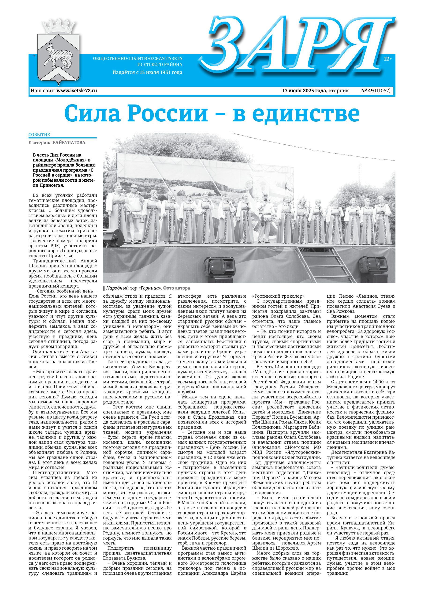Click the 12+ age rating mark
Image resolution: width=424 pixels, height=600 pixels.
[x=388, y=59]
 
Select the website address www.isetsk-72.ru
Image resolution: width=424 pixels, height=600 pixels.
[x=77, y=91]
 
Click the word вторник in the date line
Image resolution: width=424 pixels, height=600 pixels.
[x=338, y=91]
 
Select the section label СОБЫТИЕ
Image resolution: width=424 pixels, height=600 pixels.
[x=39, y=135]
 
